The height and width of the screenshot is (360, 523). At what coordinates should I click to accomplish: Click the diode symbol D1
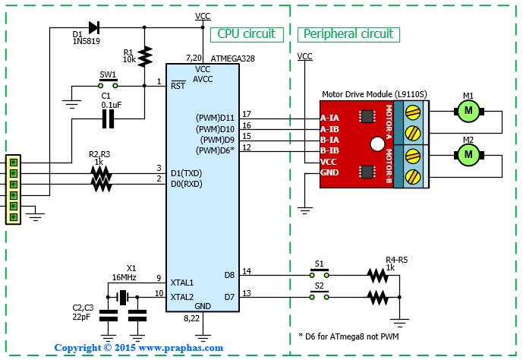click(93, 27)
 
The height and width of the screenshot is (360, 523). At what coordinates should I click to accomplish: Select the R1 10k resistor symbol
click(144, 57)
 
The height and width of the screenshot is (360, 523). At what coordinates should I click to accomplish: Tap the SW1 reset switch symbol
click(108, 84)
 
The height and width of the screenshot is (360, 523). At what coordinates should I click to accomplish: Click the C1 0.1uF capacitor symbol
click(108, 118)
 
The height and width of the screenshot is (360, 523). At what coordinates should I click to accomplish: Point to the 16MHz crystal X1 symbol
click(123, 297)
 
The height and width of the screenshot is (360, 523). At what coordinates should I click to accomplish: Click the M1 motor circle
click(468, 111)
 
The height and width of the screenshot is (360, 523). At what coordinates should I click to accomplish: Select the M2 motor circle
click(468, 155)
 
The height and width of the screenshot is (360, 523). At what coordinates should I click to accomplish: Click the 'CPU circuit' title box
click(247, 34)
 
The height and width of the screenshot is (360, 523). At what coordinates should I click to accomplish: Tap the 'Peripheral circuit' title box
click(348, 34)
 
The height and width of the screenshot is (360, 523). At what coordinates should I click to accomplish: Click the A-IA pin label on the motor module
click(329, 118)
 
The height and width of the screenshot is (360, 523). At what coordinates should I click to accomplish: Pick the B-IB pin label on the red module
click(329, 150)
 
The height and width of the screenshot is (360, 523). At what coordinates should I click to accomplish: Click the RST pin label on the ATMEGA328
click(178, 85)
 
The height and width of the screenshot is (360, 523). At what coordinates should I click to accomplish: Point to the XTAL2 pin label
click(182, 297)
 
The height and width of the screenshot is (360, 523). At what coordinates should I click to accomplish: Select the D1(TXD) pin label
click(187, 173)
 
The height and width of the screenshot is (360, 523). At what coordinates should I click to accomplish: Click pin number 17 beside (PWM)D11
click(247, 114)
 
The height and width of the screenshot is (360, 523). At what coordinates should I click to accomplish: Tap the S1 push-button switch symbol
click(320, 273)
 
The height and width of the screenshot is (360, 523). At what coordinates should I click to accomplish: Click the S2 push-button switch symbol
click(320, 295)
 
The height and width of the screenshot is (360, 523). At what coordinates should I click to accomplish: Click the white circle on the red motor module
click(377, 144)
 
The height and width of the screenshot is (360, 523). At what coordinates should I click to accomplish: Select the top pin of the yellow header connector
click(14, 163)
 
